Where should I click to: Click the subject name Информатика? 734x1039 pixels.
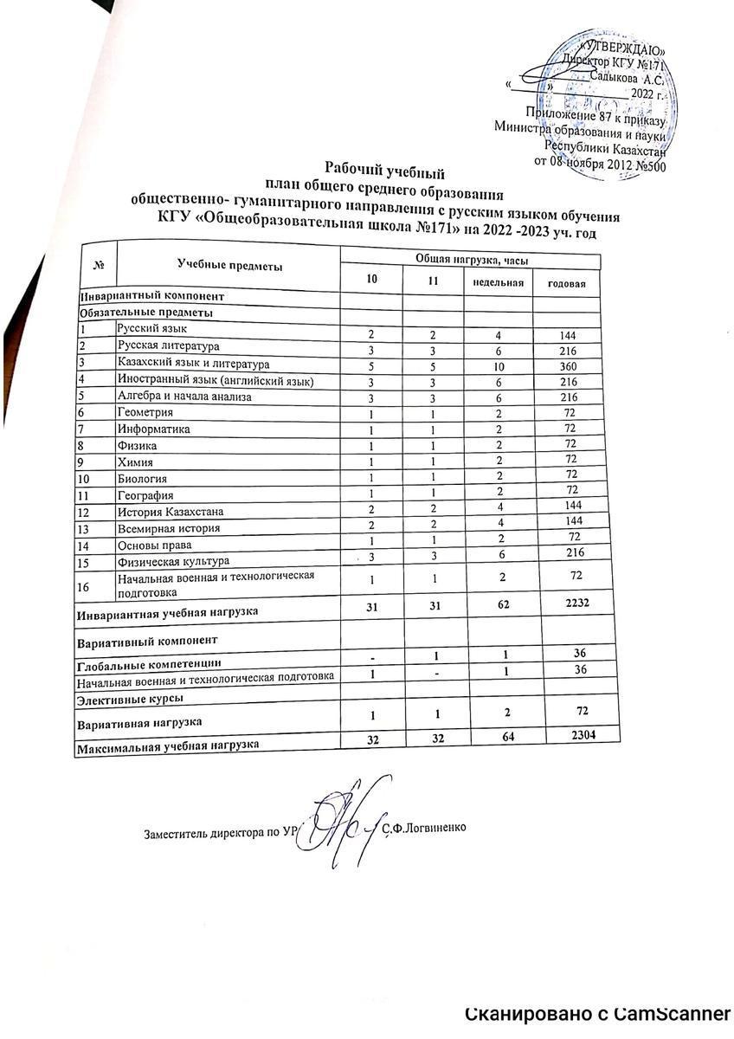[x=154, y=429]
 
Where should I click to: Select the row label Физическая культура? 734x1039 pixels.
[x=167, y=561]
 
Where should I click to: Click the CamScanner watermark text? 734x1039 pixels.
[x=598, y=1014]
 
